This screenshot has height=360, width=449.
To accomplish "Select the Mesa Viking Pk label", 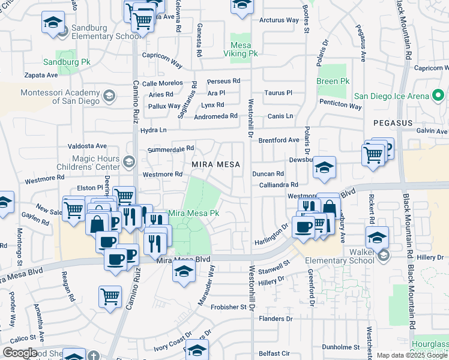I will [245, 49].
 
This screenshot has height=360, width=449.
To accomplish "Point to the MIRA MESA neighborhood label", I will [215, 164].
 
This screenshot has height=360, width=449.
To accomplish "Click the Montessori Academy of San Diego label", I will [59, 97].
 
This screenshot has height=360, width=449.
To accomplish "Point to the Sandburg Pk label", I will [66, 61].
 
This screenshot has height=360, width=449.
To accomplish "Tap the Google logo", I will [20, 353].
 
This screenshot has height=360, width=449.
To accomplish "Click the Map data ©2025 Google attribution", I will [412, 355].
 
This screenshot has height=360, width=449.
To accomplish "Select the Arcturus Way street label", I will [279, 20].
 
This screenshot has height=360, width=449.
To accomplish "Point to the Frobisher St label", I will [229, 307].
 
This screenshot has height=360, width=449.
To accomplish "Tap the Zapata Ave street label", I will [41, 76].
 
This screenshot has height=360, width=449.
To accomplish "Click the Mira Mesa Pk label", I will [194, 213].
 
